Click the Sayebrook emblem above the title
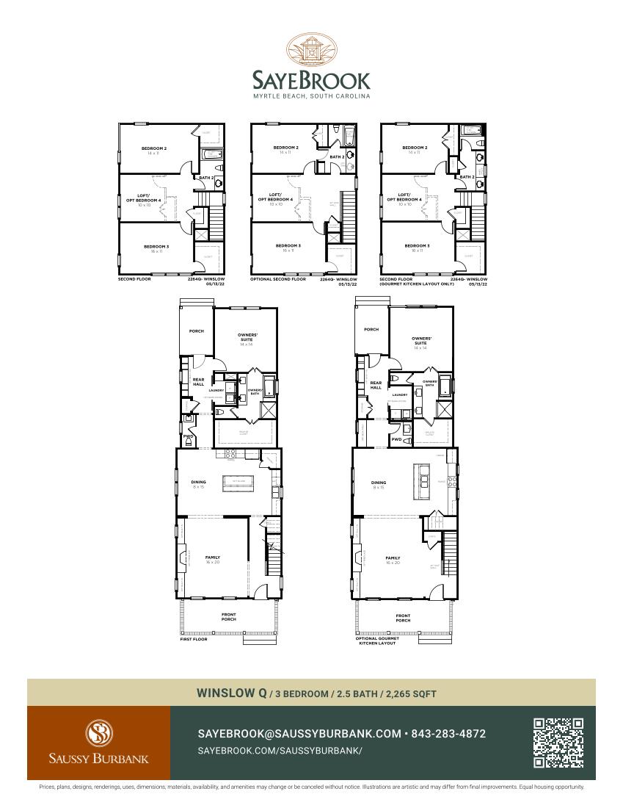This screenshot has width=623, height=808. click(x=312, y=50)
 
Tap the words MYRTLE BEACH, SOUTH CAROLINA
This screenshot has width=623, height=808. click(x=311, y=96)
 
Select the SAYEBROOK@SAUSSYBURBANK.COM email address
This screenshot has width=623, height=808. click(x=299, y=734)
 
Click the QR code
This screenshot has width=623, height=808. click(x=558, y=743)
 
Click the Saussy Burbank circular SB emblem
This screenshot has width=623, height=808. click(x=98, y=732)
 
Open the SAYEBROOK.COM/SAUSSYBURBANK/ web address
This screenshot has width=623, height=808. click(x=280, y=751)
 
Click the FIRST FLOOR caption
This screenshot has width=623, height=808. click(x=194, y=639)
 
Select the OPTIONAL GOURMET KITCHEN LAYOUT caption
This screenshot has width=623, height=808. click(x=377, y=641)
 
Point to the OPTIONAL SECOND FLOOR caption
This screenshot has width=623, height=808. click(x=278, y=279)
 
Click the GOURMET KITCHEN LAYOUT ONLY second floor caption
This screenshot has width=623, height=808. click(x=416, y=284)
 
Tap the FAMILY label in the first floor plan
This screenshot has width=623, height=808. click(x=212, y=558)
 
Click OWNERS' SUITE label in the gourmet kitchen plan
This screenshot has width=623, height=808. click(x=420, y=341)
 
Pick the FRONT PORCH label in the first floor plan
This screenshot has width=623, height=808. click(x=229, y=618)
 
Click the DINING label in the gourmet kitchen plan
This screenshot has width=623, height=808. click(x=379, y=483)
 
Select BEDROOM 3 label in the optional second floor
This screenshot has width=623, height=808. click(x=288, y=245)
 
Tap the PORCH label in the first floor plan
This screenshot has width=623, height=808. click(x=196, y=331)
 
